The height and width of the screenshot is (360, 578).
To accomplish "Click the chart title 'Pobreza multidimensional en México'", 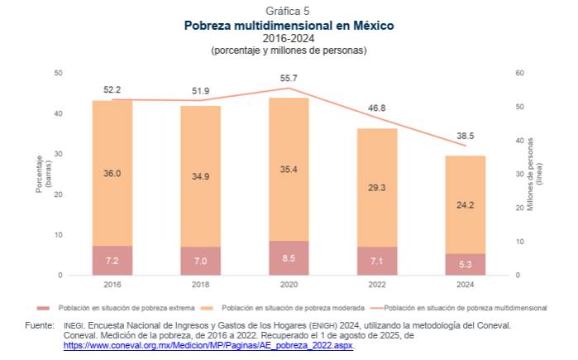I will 289,26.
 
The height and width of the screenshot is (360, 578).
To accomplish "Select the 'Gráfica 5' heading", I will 289,11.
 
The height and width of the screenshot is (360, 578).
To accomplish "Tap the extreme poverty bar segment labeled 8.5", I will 289,258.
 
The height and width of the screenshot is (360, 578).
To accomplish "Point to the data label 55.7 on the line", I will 289,78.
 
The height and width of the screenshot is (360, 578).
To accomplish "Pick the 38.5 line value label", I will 466,136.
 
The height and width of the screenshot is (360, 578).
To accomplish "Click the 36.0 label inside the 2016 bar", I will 112,174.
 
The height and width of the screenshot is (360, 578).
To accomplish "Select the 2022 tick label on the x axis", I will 377,284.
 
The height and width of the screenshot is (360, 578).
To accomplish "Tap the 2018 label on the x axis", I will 200,284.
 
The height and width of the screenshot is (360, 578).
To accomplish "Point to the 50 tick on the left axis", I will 58,74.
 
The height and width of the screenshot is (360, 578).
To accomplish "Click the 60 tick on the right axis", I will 518,74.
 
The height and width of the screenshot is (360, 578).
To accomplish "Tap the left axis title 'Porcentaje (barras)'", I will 42,175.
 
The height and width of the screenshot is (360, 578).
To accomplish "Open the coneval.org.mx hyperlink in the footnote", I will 208,346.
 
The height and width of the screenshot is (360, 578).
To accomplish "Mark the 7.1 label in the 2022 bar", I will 377,261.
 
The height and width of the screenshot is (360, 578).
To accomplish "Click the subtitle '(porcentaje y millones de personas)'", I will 289,50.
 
